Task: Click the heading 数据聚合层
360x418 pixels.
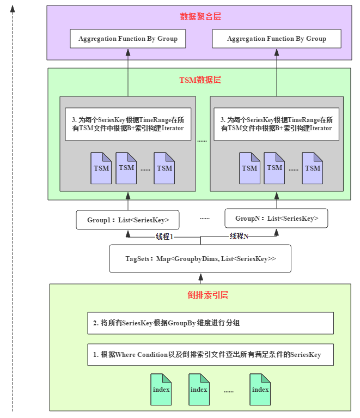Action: click(200, 16)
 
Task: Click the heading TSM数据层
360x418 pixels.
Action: click(200, 80)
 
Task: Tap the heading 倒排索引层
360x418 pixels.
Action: click(208, 295)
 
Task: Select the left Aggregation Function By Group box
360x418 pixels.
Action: click(128, 39)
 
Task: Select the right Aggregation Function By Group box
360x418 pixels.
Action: click(277, 39)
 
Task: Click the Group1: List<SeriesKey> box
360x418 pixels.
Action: click(127, 220)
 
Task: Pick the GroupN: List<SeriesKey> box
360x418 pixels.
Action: click(276, 219)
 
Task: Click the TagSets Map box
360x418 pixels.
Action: click(200, 258)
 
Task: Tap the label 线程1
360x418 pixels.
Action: click(164, 237)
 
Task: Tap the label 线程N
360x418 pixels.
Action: click(239, 236)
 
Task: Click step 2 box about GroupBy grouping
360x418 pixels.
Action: click(211, 323)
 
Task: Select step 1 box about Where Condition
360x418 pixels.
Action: click(211, 355)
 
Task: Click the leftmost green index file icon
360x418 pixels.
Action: click(161, 390)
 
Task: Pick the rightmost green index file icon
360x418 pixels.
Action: click(260, 390)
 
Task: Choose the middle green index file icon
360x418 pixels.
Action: click(199, 390)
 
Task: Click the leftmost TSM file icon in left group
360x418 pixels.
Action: click(101, 168)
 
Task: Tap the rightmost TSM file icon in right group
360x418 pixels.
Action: click(312, 168)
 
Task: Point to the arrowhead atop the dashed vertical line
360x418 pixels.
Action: click(13, 9)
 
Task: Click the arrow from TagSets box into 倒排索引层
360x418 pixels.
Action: click(200, 278)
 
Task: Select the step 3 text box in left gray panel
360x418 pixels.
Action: click(128, 124)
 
